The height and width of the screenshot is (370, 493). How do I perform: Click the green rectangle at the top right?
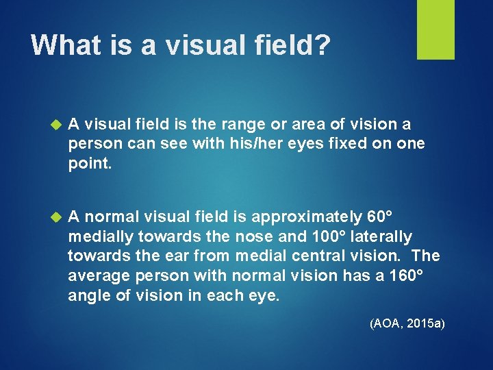click(435, 29)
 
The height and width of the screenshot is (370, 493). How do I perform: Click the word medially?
click(101, 236)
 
